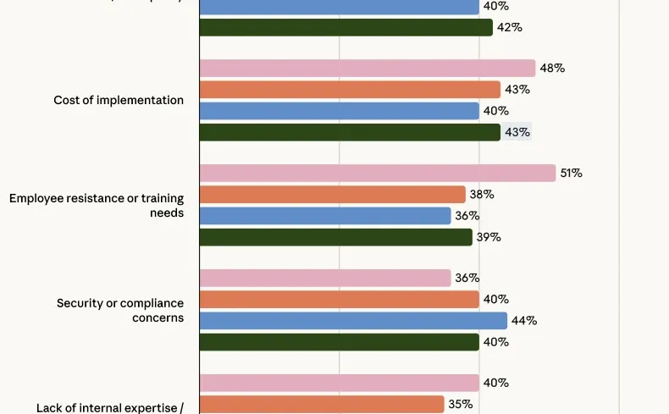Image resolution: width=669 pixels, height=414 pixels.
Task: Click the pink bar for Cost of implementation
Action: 367,69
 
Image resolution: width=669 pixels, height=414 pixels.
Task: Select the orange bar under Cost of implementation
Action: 350,90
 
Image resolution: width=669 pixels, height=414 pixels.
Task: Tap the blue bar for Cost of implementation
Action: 339,111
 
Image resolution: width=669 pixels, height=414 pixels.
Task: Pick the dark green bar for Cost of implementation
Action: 350,132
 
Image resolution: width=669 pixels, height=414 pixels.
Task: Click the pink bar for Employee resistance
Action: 377,173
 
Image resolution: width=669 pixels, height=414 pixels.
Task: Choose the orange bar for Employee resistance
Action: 332,195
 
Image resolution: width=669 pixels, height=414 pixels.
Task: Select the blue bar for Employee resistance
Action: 325,216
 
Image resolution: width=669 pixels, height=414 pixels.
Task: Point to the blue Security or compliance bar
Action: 353,321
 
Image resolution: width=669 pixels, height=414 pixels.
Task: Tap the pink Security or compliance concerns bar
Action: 325,278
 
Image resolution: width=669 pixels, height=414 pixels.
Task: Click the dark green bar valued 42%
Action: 346,27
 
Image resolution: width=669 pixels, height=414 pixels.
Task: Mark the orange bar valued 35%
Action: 322,405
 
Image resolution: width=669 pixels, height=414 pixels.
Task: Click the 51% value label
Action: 570,174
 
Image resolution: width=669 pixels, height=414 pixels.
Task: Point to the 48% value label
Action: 552,69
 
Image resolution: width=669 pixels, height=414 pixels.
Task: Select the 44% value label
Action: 524,321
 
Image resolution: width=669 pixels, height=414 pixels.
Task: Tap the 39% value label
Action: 489,237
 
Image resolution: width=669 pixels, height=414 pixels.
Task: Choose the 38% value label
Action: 482,195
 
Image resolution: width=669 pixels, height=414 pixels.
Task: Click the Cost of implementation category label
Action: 119,100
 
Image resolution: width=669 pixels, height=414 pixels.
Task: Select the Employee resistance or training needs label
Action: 97,206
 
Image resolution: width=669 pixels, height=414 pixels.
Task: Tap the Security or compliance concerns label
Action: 120,310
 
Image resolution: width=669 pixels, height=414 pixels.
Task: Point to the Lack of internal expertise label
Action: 110,407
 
